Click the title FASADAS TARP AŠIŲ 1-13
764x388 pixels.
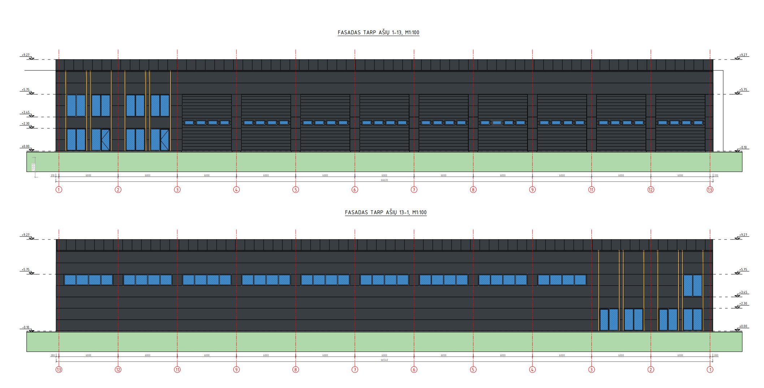coord(378,33)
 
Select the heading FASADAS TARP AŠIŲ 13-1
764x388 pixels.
coord(386,212)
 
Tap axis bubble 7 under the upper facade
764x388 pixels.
coord(414,190)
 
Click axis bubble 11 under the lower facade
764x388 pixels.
coord(177,370)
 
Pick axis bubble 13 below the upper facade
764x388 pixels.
coord(710,190)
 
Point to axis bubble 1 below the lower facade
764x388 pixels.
coord(710,370)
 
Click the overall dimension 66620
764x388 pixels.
coord(384,180)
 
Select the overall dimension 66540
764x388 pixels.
coord(384,360)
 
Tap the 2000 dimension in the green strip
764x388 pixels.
coord(33,167)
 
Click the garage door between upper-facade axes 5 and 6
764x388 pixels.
coord(325,123)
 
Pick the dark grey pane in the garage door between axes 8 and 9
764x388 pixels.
coord(497,123)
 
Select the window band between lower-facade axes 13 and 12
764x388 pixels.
coord(88,280)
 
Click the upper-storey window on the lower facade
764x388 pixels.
coord(693,285)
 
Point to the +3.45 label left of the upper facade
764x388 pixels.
coord(25,112)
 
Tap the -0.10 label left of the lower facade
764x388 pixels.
coord(25,327)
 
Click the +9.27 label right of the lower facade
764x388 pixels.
coord(743,235)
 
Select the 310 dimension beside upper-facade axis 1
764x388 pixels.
coord(52,176)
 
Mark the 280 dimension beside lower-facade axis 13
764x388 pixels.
coord(52,355)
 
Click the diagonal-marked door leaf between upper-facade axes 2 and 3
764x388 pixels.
coord(164,140)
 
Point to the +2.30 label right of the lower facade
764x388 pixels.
coord(743,303)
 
